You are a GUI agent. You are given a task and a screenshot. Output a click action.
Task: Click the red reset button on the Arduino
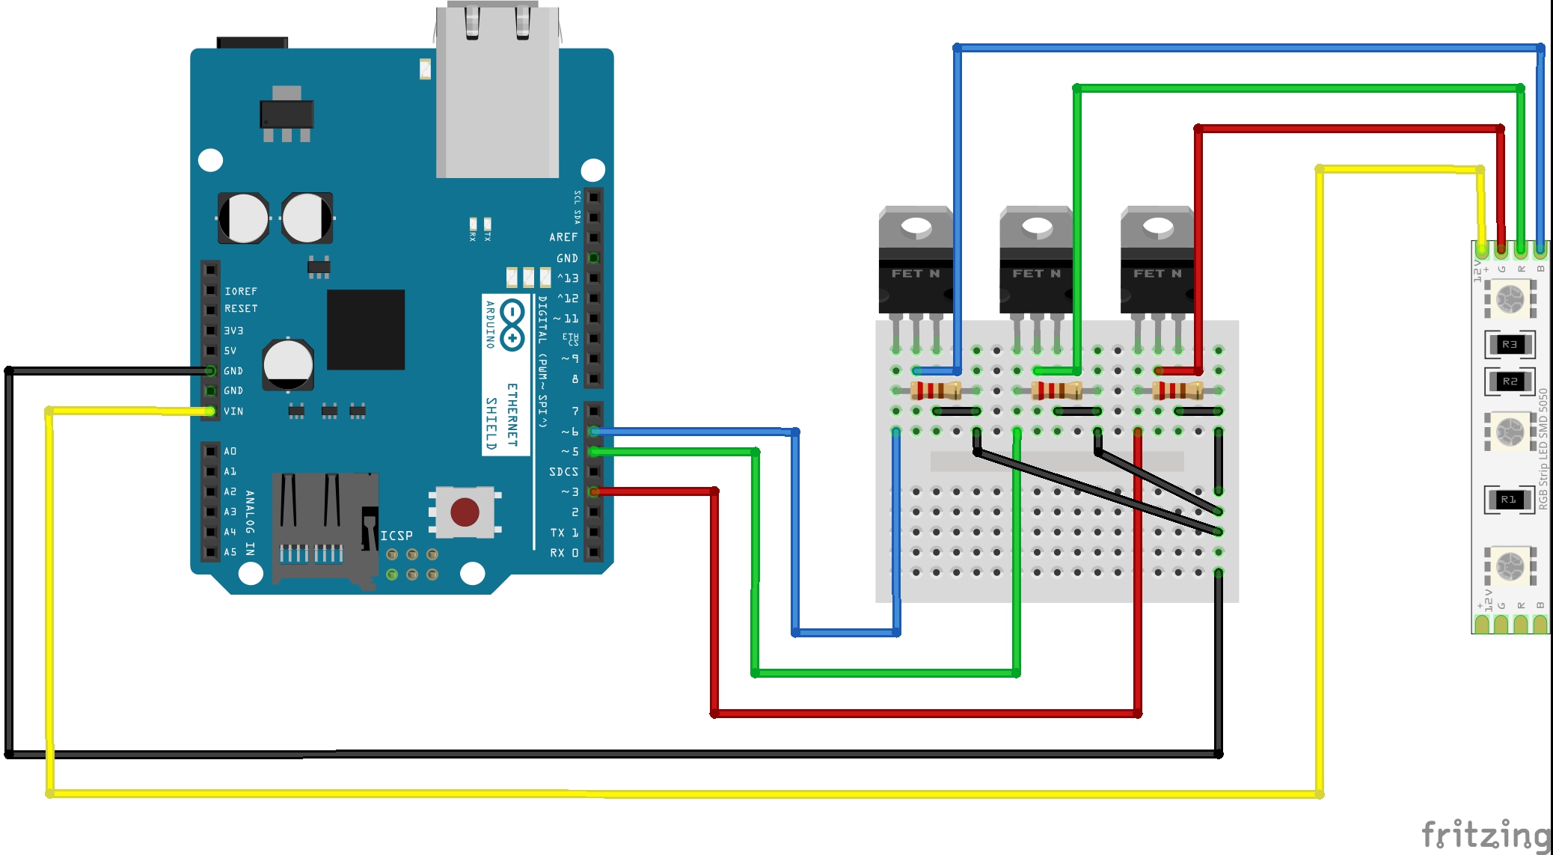pyautogui.click(x=465, y=512)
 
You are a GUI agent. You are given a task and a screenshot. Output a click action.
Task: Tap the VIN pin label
pyautogui.click(x=233, y=411)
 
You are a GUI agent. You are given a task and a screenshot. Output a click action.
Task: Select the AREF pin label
pyautogui.click(x=563, y=237)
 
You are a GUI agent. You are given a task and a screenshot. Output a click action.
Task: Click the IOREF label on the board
pyautogui.click(x=241, y=291)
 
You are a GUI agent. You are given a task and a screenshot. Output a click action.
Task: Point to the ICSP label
pyautogui.click(x=396, y=536)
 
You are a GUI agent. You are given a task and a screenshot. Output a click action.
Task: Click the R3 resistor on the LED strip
pyautogui.click(x=1510, y=344)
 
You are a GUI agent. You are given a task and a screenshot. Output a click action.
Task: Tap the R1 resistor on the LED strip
pyautogui.click(x=1509, y=499)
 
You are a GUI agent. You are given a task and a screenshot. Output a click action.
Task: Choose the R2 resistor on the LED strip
pyautogui.click(x=1510, y=381)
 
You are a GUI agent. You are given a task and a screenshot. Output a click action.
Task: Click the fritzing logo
pyautogui.click(x=1486, y=835)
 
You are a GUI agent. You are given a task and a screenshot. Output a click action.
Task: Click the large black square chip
pyautogui.click(x=366, y=329)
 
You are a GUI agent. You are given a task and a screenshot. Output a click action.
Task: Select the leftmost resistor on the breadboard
pyautogui.click(x=936, y=390)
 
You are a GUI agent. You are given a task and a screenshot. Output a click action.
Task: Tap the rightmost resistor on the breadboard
pyautogui.click(x=1177, y=390)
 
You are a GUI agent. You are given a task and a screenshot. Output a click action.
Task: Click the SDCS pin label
pyautogui.click(x=563, y=472)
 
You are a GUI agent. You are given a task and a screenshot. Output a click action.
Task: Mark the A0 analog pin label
pyautogui.click(x=230, y=451)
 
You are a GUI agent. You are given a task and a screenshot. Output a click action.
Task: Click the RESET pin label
pyautogui.click(x=241, y=308)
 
